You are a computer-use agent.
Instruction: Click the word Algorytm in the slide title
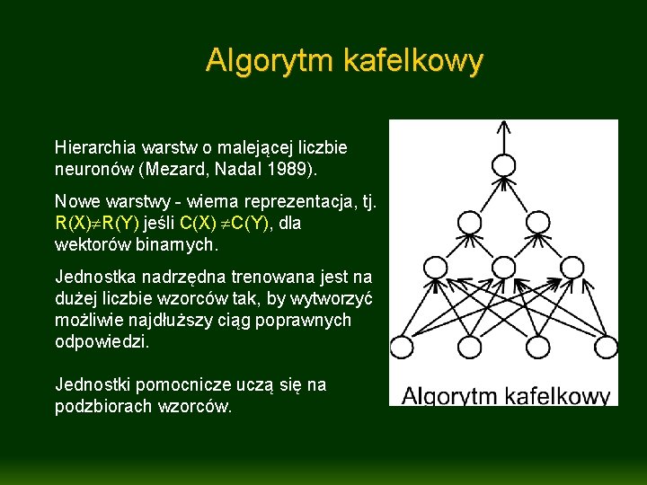[x=260, y=61]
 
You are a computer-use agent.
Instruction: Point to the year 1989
[x=293, y=168]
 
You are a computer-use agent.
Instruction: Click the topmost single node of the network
[x=504, y=164]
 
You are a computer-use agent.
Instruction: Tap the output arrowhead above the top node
[x=504, y=127]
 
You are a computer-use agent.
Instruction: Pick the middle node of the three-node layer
[x=504, y=268]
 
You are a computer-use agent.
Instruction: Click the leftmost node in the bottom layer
[x=400, y=347]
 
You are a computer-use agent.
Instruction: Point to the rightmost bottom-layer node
[x=607, y=347]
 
